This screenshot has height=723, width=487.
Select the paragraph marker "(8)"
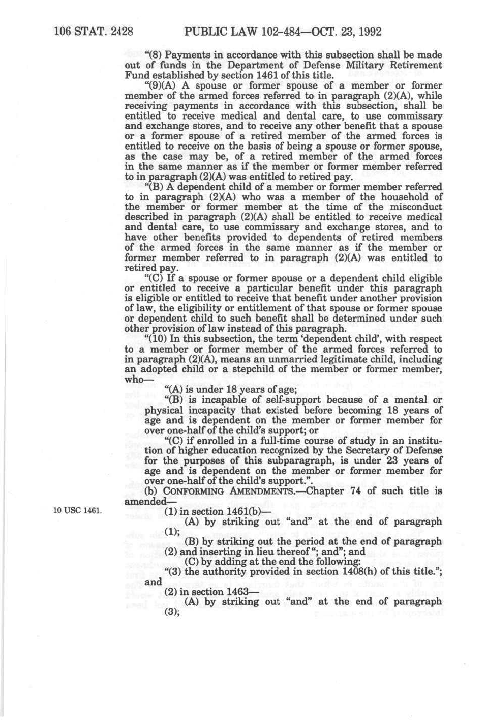tap(154, 55)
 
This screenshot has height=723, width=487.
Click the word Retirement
tap(415, 65)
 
